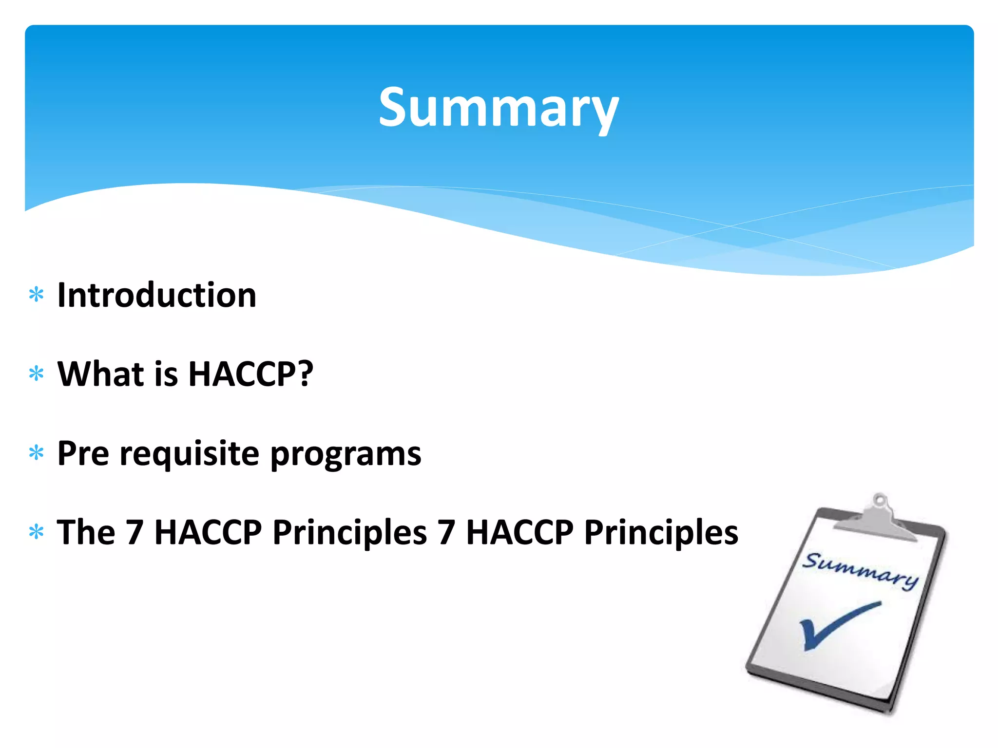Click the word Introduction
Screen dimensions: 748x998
click(x=156, y=296)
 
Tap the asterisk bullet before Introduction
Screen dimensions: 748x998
click(x=37, y=295)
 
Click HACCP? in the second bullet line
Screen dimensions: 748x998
click(x=250, y=374)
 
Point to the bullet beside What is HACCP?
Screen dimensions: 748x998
click(x=37, y=374)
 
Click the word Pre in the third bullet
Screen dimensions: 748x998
click(x=83, y=453)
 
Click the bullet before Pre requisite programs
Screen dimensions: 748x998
click(x=37, y=453)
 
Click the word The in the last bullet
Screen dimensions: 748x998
click(x=86, y=532)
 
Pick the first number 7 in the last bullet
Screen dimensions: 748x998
click(x=134, y=532)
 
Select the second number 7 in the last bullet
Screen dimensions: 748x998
click(x=446, y=532)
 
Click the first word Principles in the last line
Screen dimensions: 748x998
click(x=349, y=532)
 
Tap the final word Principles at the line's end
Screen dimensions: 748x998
click(x=661, y=532)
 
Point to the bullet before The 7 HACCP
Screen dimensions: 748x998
click(x=37, y=532)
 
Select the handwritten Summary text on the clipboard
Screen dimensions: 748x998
click(x=860, y=571)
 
